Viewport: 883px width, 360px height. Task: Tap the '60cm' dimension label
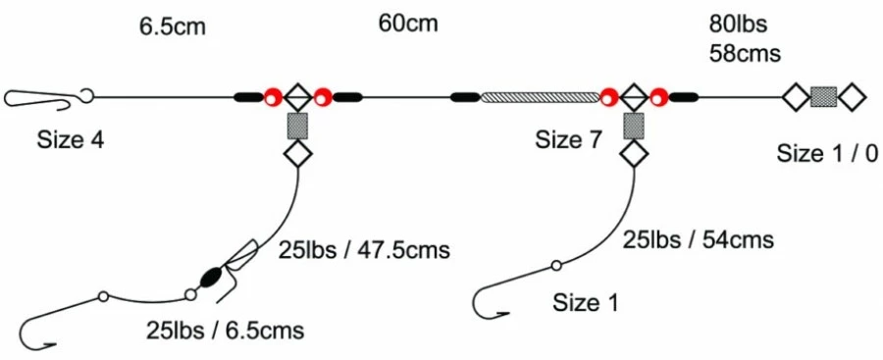pyautogui.click(x=408, y=22)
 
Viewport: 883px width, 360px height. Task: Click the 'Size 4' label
pyautogui.click(x=71, y=140)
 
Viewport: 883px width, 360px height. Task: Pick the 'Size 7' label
pyautogui.click(x=568, y=140)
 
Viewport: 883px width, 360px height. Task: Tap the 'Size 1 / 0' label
pyautogui.click(x=827, y=153)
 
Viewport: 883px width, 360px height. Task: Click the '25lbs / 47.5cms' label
pyautogui.click(x=364, y=250)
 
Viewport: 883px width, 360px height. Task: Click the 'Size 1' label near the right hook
pyautogui.click(x=586, y=303)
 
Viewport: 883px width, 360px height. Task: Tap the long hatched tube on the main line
pyautogui.click(x=540, y=97)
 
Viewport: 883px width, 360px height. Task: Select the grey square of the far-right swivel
pyautogui.click(x=824, y=97)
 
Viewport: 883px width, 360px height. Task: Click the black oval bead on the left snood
pyautogui.click(x=209, y=278)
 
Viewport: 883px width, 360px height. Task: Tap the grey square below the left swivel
pyautogui.click(x=297, y=126)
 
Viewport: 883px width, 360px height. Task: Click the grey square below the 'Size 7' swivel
pyautogui.click(x=634, y=126)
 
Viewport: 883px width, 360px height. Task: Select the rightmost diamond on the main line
pyautogui.click(x=853, y=97)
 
